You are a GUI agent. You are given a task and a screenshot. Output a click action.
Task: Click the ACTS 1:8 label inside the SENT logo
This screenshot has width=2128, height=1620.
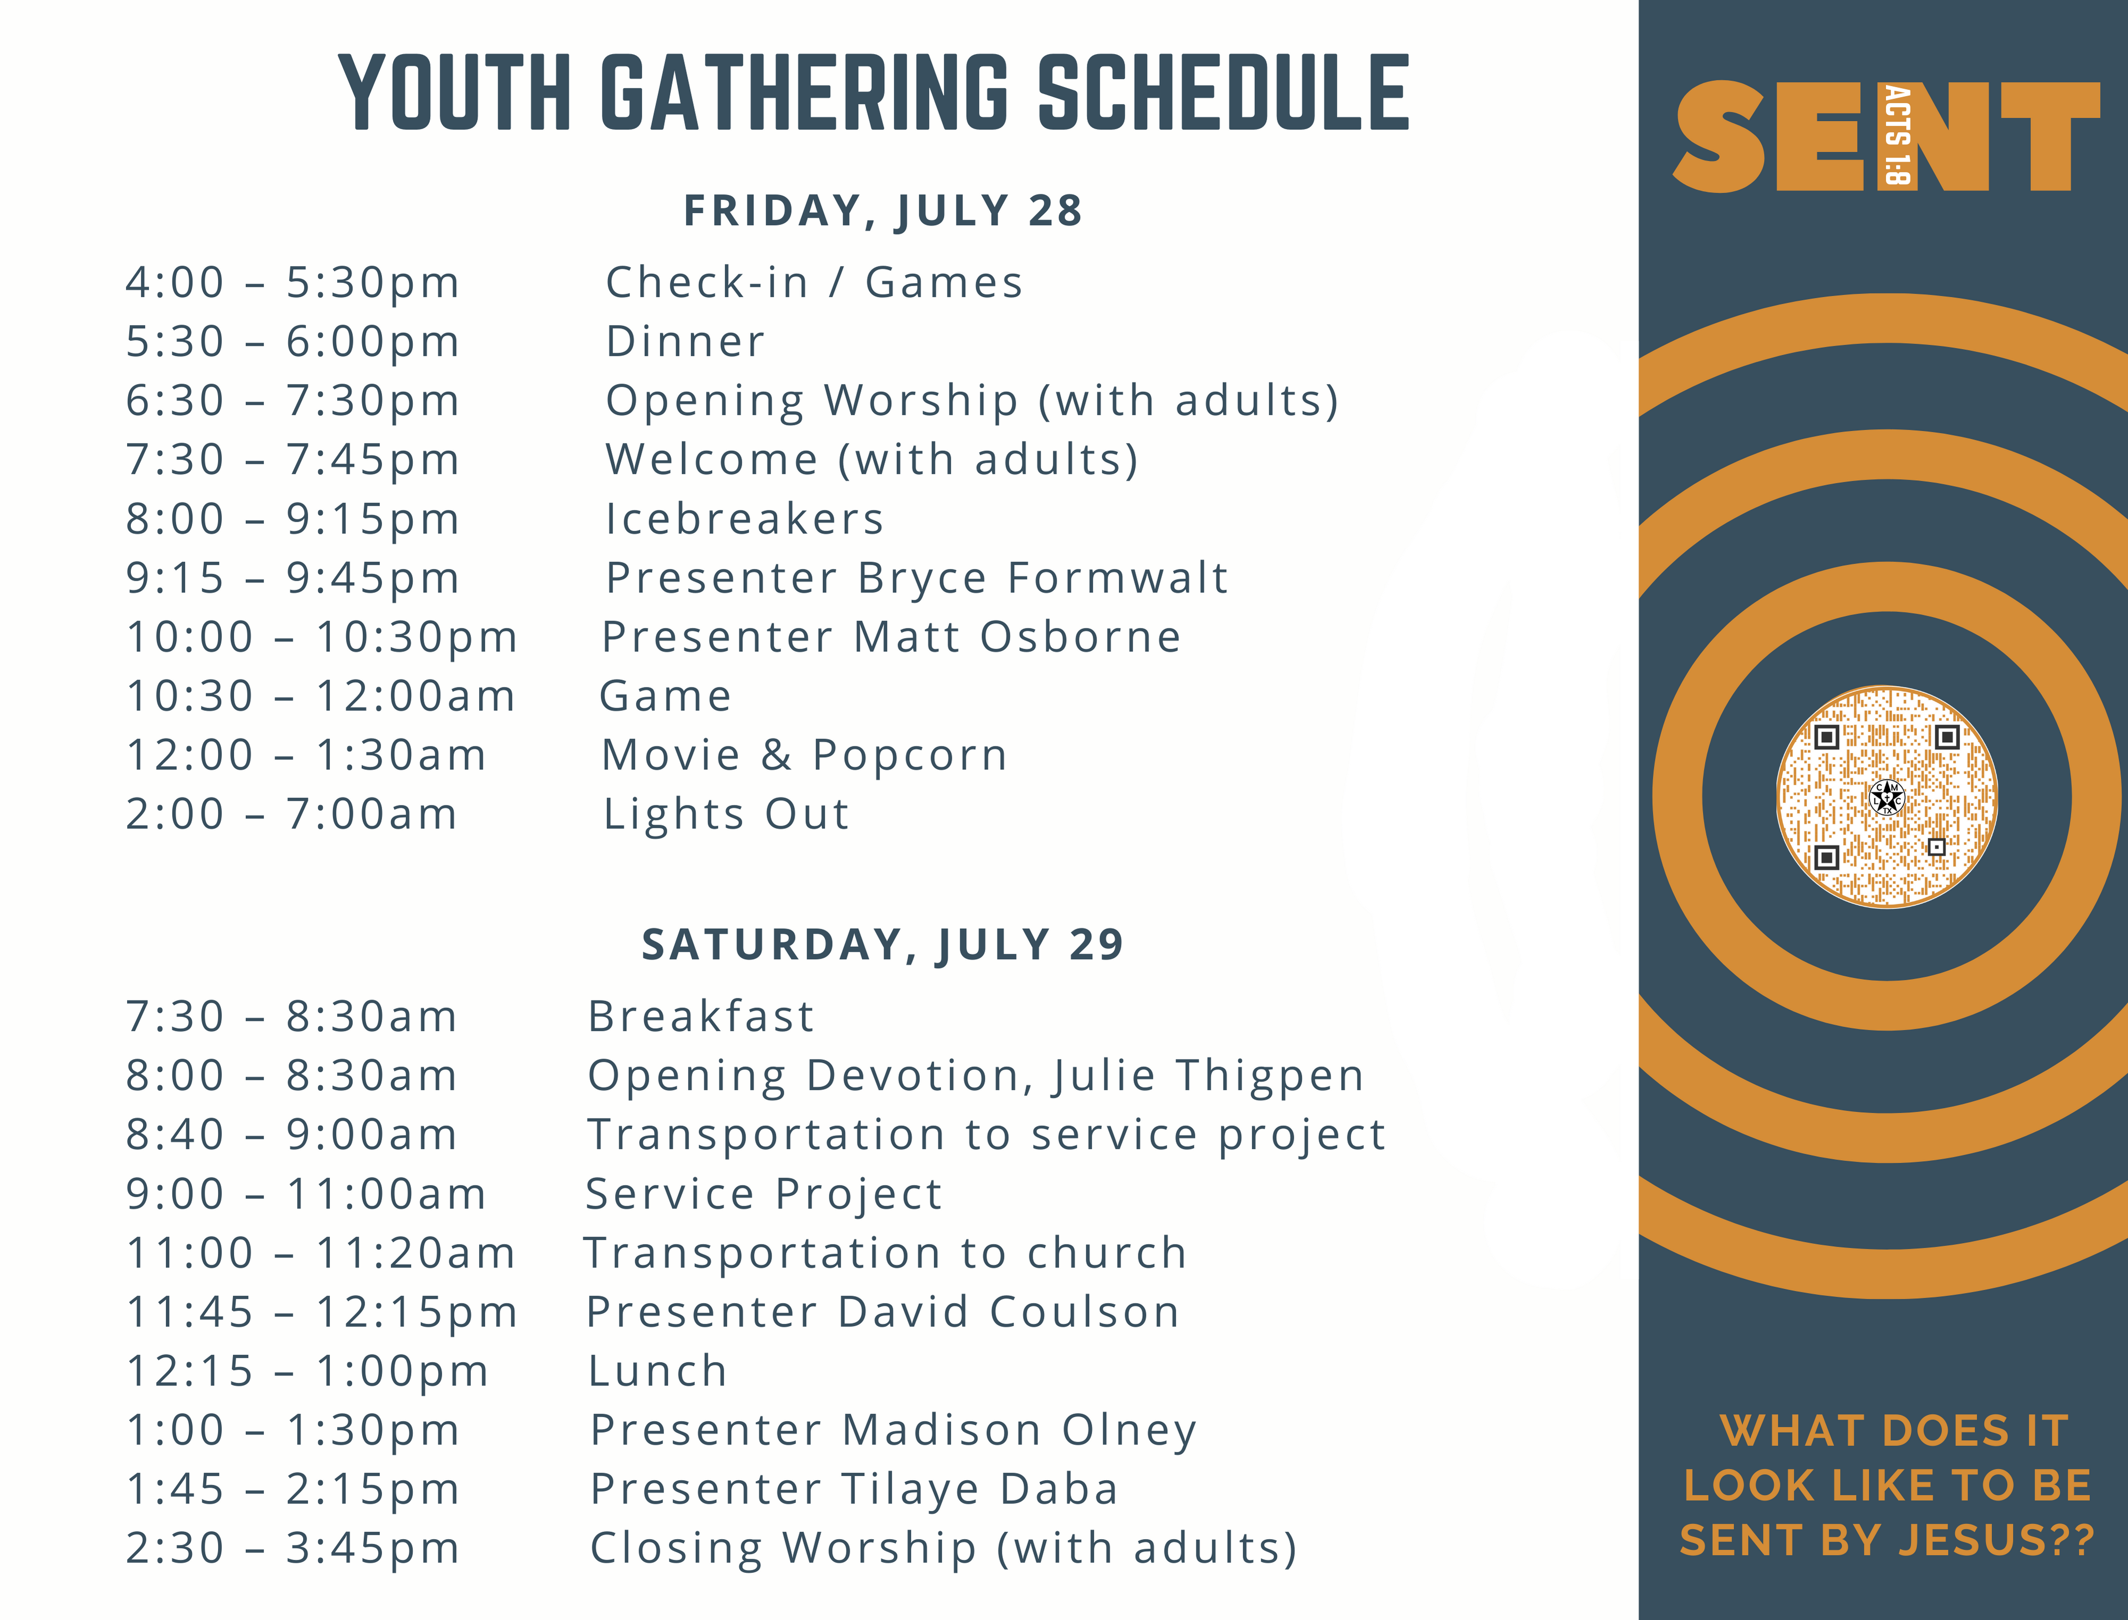[1897, 135]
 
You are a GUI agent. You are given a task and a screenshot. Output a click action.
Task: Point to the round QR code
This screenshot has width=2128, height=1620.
[1887, 796]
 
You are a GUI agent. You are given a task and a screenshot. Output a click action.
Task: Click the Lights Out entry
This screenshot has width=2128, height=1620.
[726, 814]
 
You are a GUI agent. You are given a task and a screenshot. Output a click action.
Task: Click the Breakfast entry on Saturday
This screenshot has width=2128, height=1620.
[701, 1017]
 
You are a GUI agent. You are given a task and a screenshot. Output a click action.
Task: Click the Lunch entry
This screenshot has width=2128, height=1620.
[658, 1371]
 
